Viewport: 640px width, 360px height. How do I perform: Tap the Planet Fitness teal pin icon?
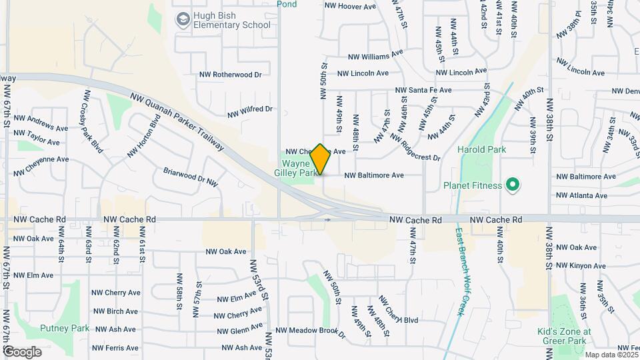(x=513, y=184)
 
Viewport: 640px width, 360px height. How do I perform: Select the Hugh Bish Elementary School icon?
(x=182, y=20)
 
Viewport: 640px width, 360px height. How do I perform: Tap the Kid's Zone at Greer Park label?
(x=564, y=337)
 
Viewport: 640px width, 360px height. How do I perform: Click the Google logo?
(x=22, y=351)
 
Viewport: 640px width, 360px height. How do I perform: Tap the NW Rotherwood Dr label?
(x=231, y=75)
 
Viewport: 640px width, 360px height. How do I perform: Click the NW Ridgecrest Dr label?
(x=415, y=148)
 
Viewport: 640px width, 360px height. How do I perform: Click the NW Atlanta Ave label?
(x=581, y=195)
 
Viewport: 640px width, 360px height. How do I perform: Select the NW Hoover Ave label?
(x=350, y=7)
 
